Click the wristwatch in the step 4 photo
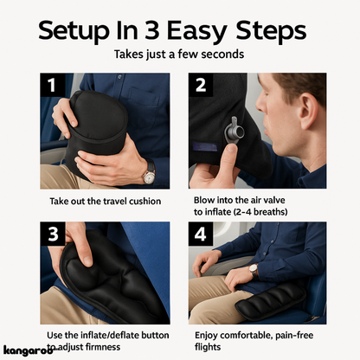pyautogui.click(x=254, y=270)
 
